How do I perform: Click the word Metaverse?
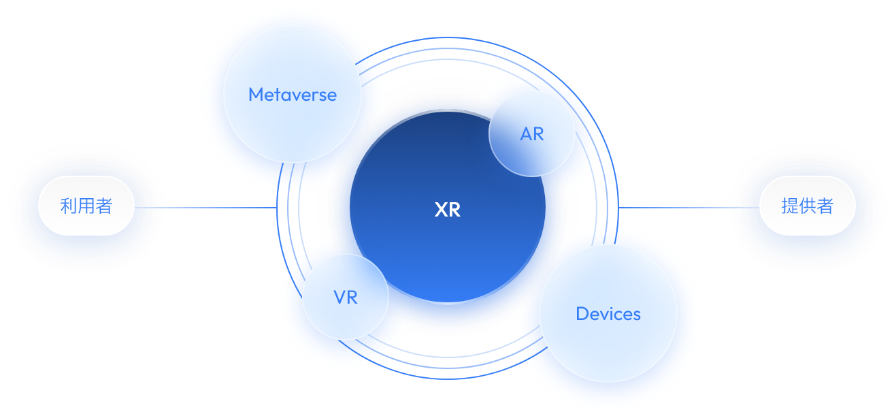[293, 94]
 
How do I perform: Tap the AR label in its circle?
[532, 134]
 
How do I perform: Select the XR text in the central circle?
[448, 210]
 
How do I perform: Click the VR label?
[346, 298]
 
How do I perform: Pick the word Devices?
[608, 314]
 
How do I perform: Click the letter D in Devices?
[582, 314]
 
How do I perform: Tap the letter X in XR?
[441, 210]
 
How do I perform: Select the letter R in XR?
[454, 210]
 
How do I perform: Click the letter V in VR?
[340, 298]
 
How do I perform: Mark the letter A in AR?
[526, 134]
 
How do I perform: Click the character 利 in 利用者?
[69, 206]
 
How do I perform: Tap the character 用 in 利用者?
[86, 206]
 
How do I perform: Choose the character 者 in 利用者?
[104, 206]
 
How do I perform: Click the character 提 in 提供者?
[790, 206]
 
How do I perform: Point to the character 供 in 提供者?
[808, 206]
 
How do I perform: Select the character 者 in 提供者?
[825, 206]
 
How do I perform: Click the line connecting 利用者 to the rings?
[204, 208]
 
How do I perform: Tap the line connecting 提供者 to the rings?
[680, 208]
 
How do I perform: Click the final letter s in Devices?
[637, 315]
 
